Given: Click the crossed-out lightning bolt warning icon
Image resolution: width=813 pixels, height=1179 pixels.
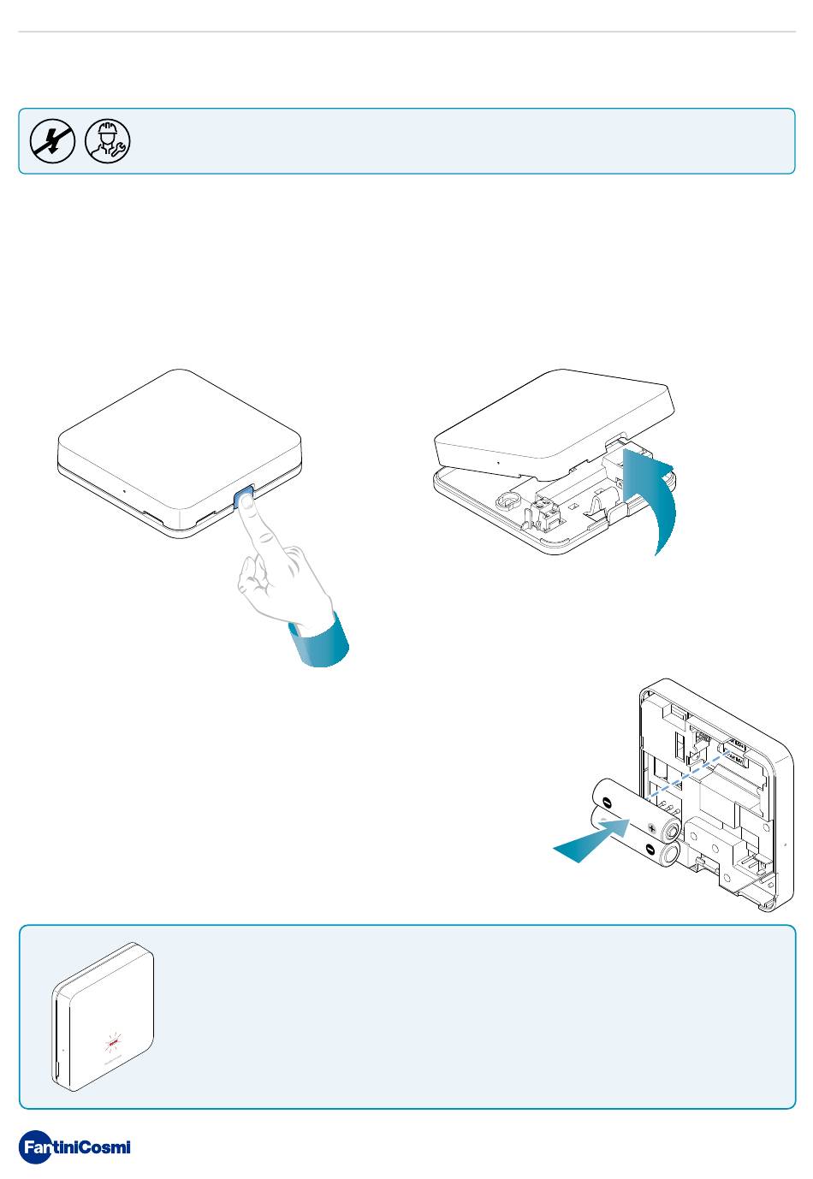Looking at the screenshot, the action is (x=52, y=141).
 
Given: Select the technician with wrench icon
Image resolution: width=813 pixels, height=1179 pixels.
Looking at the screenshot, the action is (x=108, y=141).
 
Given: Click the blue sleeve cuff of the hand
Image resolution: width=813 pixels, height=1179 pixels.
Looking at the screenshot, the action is (x=319, y=642).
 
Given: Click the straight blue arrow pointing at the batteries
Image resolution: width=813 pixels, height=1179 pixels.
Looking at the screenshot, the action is (x=592, y=839).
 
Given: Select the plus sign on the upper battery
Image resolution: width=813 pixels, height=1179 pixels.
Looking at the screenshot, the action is (x=652, y=828).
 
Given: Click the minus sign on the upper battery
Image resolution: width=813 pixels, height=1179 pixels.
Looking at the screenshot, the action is (x=607, y=803).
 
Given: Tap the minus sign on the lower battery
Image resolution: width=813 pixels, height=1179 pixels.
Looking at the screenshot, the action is (x=650, y=849).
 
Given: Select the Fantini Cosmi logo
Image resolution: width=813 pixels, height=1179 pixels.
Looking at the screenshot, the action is (x=74, y=1146).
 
